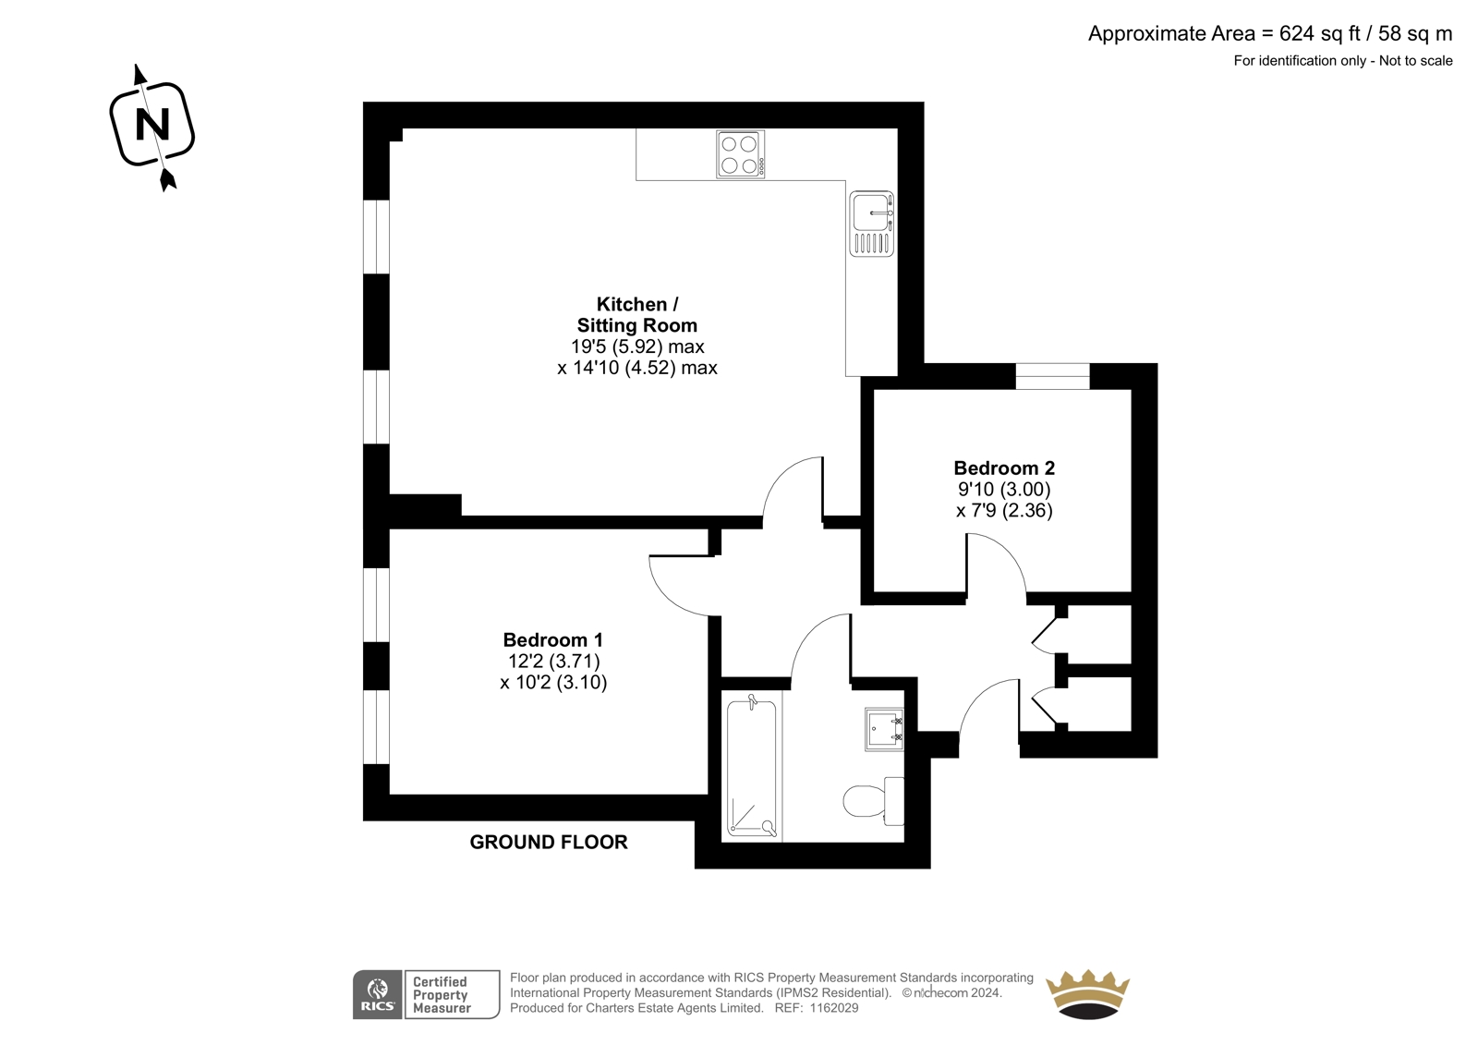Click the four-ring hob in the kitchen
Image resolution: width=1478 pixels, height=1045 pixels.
(x=740, y=154)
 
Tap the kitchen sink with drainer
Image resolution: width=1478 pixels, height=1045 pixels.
(x=872, y=224)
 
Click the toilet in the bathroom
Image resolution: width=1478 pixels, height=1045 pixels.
(x=874, y=800)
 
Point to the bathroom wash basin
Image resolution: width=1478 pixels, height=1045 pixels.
(x=884, y=729)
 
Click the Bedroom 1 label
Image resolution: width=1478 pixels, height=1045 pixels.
(x=553, y=639)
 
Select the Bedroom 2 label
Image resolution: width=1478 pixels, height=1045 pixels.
(x=1004, y=468)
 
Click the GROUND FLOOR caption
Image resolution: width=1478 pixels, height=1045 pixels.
(x=549, y=843)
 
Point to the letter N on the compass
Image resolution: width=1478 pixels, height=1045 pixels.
(x=152, y=125)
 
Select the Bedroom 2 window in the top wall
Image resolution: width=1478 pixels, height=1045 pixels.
(x=1052, y=376)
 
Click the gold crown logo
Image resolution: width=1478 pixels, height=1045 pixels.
(x=1088, y=994)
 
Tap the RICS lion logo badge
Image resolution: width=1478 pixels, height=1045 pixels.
(x=378, y=995)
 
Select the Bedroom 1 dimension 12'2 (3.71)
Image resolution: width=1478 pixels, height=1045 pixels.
(x=553, y=661)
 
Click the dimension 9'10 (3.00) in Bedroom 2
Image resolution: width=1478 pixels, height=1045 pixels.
(x=1004, y=489)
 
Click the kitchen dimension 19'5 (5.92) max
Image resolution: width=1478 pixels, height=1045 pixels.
(x=637, y=346)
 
